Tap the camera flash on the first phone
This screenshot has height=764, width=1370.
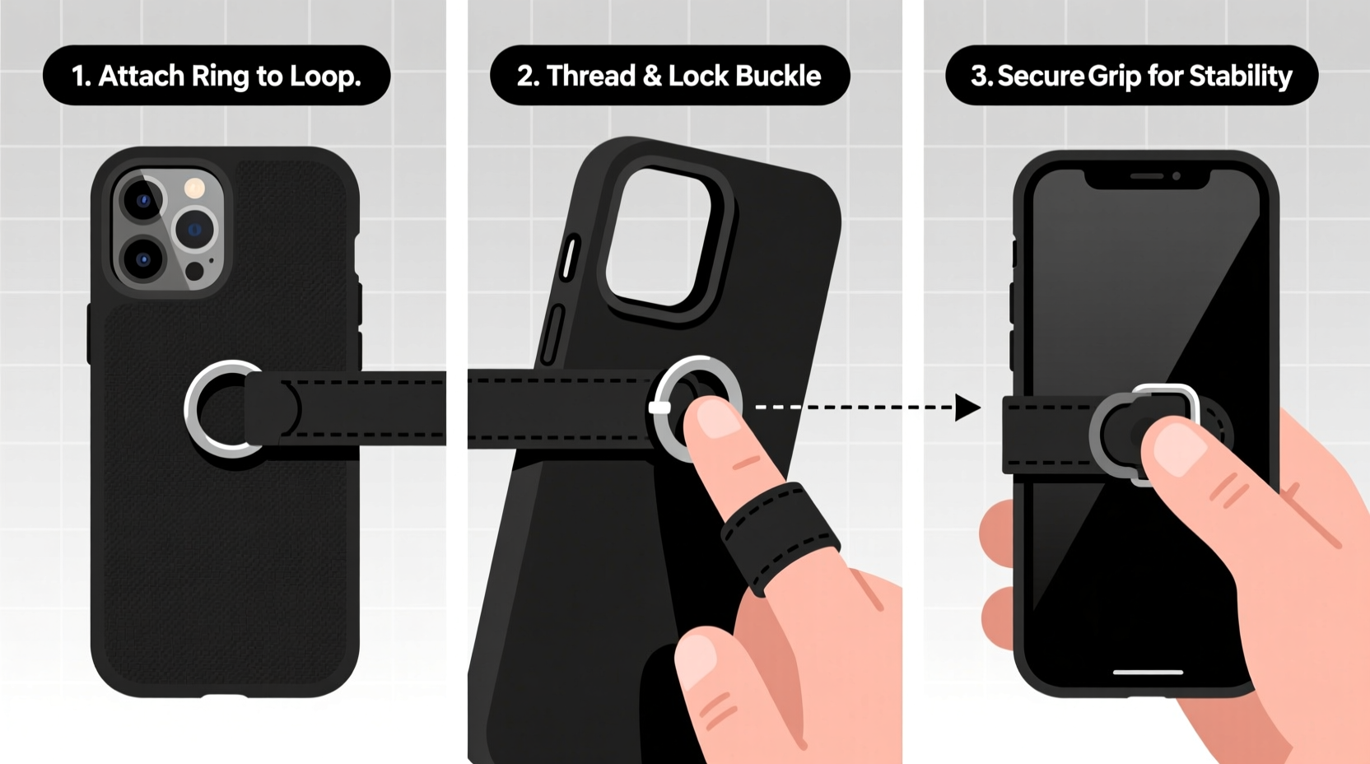(195, 189)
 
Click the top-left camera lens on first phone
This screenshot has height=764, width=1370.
(142, 201)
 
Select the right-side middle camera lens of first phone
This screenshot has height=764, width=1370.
(195, 230)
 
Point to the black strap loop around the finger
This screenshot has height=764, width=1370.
(778, 535)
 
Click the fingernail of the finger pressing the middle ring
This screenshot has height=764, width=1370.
(715, 417)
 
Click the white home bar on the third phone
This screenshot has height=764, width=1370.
(1148, 672)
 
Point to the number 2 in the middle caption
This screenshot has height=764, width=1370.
(527, 77)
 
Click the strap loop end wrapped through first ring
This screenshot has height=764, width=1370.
(272, 409)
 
